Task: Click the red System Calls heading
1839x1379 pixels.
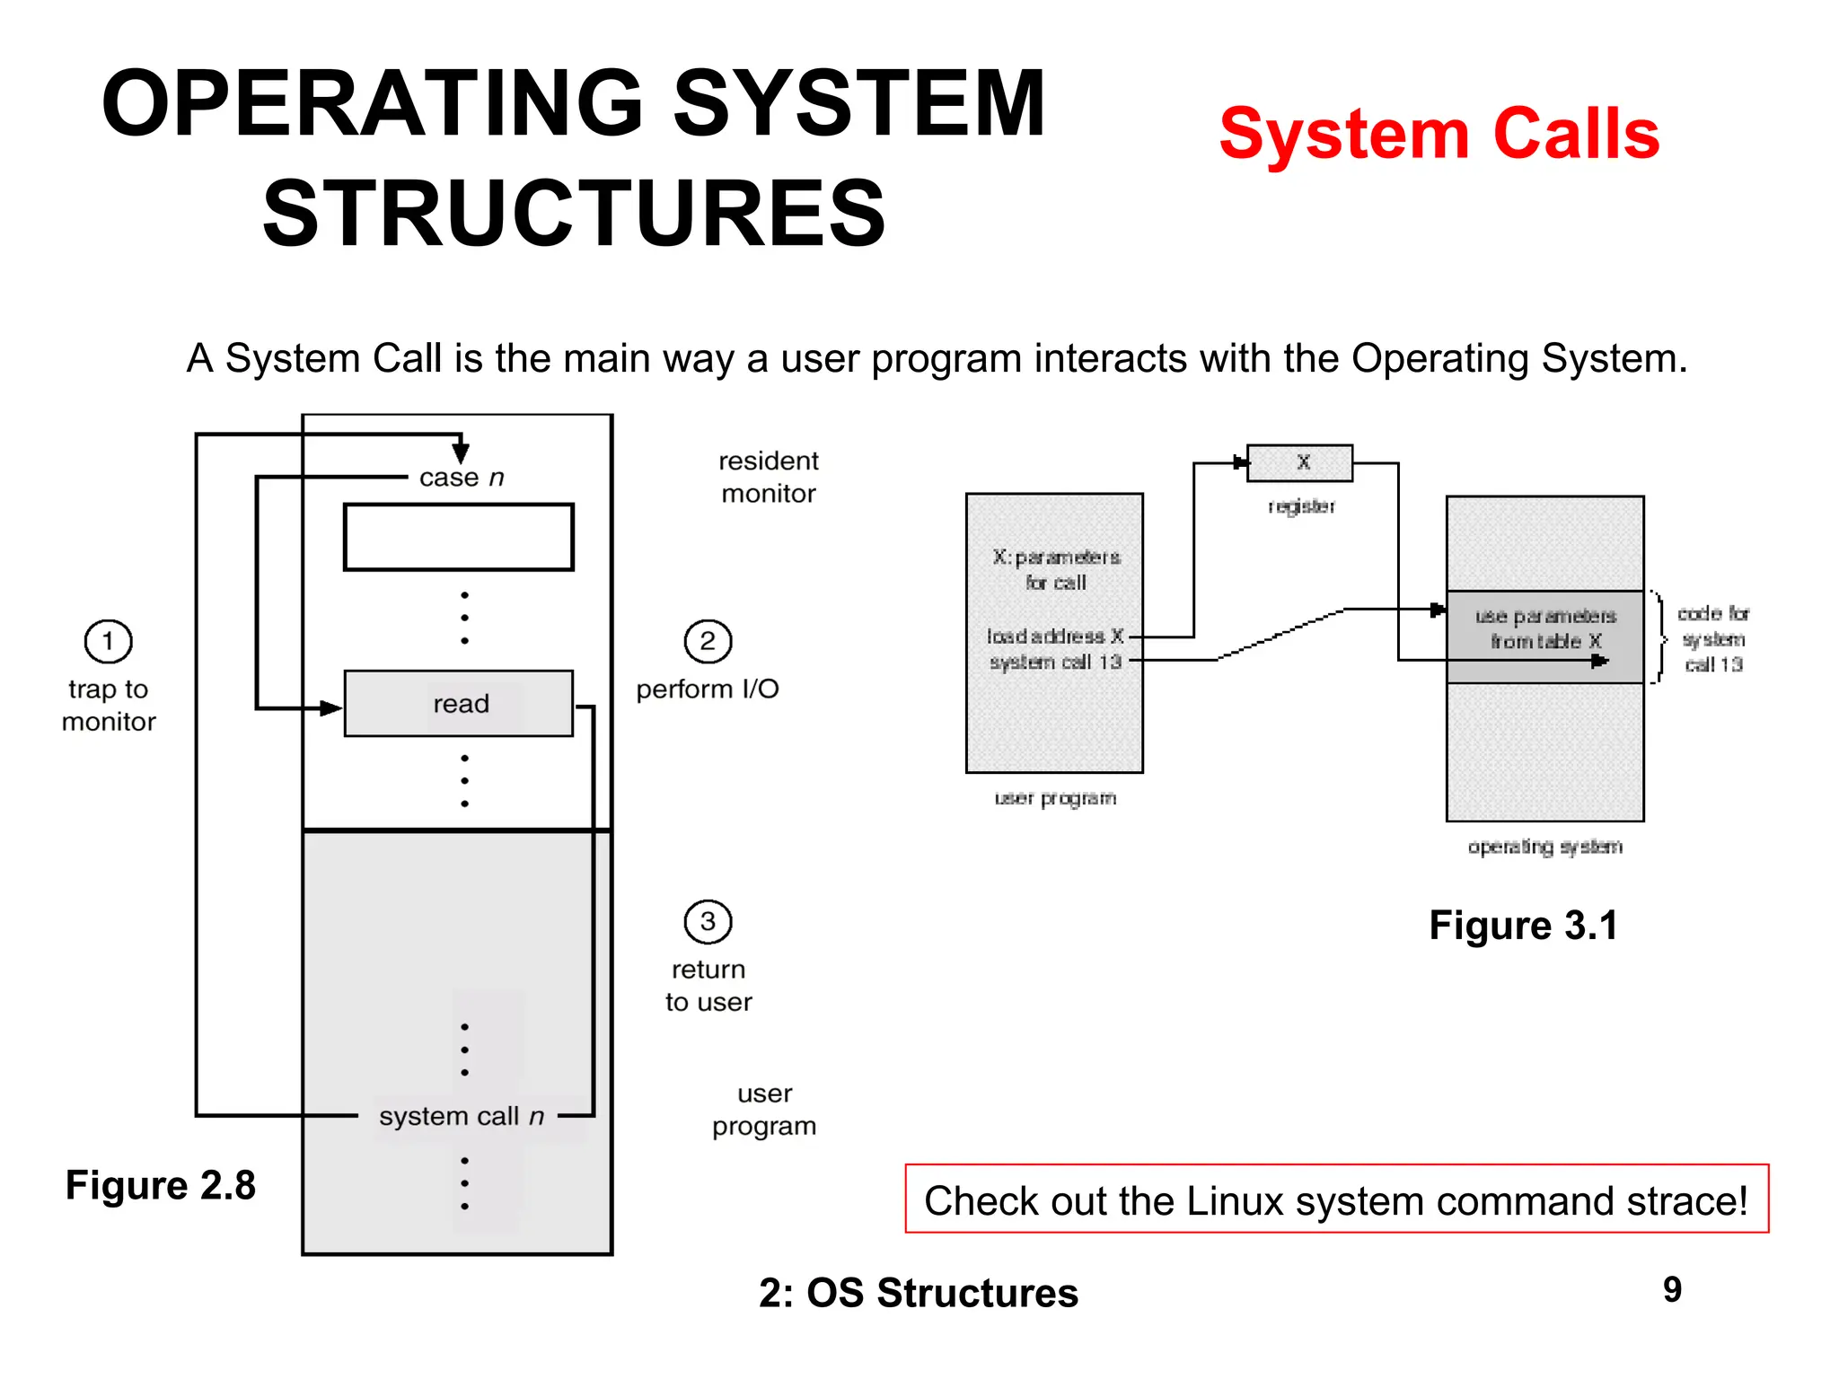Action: [x=1439, y=135]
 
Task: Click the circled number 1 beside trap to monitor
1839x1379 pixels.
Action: [x=108, y=642]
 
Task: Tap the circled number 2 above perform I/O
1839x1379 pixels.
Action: [x=708, y=642]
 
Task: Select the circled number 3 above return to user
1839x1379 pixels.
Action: [x=708, y=922]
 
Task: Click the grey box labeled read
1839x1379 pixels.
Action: [x=459, y=704]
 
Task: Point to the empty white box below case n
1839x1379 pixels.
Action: [x=459, y=537]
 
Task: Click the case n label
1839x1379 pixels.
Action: [x=462, y=478]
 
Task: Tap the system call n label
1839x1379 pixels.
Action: [x=462, y=1116]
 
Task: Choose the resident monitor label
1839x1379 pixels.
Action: [x=769, y=477]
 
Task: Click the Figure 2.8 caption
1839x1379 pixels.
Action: [x=161, y=1185]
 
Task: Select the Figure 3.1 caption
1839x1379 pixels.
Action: [x=1523, y=926]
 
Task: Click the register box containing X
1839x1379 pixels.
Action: [x=1300, y=463]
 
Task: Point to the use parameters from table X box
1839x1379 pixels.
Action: [x=1544, y=628]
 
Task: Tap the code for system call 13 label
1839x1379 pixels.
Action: [x=1713, y=638]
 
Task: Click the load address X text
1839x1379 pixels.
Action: [x=1055, y=637]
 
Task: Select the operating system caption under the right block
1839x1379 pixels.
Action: [x=1544, y=847]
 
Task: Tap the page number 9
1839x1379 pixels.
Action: [x=1672, y=1290]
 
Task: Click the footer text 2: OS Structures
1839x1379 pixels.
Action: [x=918, y=1294]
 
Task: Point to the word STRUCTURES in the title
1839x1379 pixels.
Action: [x=575, y=213]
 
